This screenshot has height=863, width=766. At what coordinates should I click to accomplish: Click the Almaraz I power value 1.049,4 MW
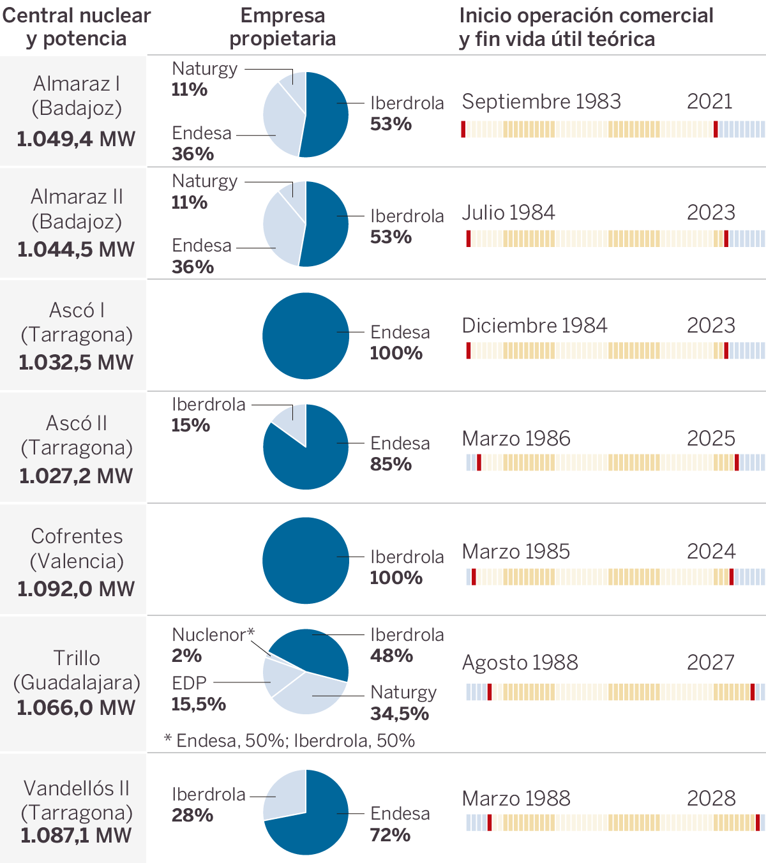[x=76, y=139]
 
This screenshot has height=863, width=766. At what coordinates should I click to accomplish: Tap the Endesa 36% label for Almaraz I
[x=202, y=143]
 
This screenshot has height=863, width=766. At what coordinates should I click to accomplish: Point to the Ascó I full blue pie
[x=306, y=336]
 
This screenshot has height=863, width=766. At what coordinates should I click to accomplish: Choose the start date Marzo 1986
[x=516, y=439]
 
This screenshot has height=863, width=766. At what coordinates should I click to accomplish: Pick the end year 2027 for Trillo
[x=710, y=663]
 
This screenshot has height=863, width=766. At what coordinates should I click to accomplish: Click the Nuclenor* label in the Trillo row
[x=213, y=634]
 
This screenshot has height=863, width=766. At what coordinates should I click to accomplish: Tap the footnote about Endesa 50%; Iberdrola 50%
[x=290, y=740]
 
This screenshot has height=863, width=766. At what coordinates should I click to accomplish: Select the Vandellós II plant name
[x=77, y=788]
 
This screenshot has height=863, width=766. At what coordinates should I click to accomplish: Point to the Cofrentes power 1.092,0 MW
[x=76, y=589]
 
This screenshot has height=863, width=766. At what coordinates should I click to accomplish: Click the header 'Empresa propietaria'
[x=283, y=27]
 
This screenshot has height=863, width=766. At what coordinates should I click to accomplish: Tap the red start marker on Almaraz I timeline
[x=463, y=129]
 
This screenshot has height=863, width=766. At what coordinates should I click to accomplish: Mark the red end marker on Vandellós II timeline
[x=758, y=823]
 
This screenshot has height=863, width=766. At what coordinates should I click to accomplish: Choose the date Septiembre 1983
[x=541, y=101]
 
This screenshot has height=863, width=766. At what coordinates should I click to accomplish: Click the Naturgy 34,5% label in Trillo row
[x=403, y=703]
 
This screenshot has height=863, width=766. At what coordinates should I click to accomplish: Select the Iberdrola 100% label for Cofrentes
[x=407, y=567]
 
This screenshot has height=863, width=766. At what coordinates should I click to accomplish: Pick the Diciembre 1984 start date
[x=534, y=326]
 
